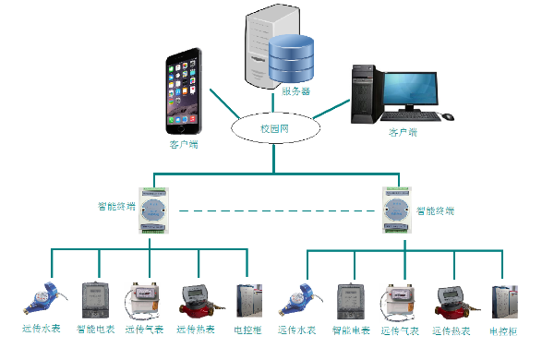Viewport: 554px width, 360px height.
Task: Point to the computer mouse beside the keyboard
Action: (x=448, y=117)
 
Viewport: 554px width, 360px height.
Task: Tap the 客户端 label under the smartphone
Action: (x=183, y=145)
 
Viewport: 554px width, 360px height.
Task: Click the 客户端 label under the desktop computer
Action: (x=403, y=134)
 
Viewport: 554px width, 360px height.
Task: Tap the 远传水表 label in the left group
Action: (x=42, y=329)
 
